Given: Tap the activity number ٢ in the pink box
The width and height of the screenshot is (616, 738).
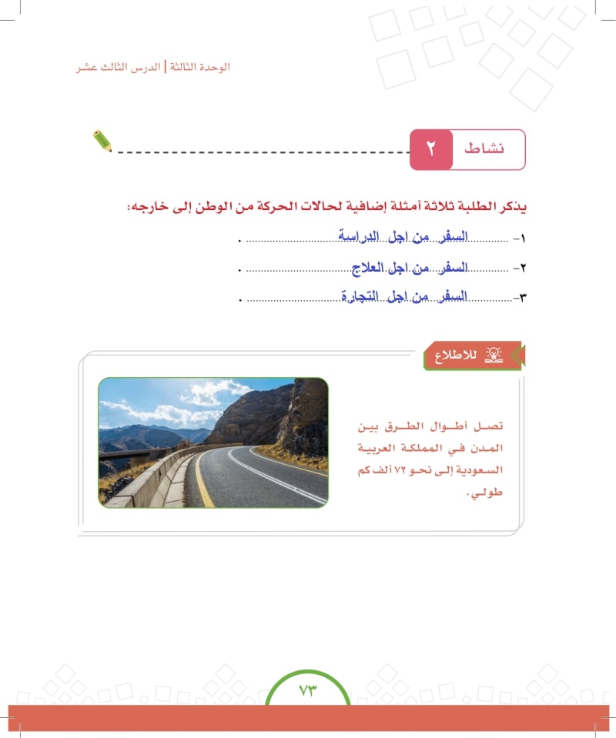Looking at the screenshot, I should click(x=430, y=149).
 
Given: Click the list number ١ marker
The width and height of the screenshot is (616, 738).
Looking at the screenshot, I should click(x=524, y=239).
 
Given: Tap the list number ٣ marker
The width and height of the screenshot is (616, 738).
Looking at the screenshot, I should click(x=524, y=298).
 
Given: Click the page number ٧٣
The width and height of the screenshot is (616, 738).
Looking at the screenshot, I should click(x=308, y=690).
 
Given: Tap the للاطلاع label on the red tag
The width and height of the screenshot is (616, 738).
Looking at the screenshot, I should click(x=456, y=356).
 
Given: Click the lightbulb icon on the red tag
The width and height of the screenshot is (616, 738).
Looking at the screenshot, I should click(x=494, y=355).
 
